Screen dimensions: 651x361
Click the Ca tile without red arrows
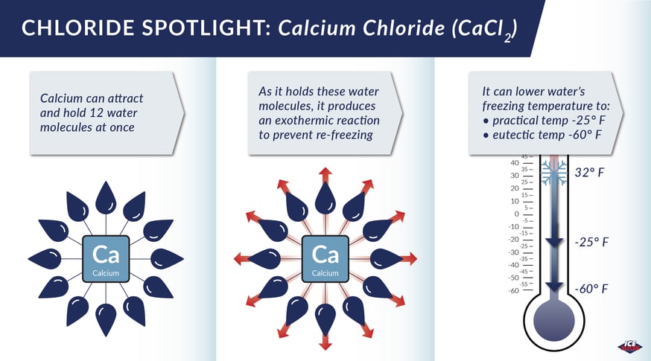106,259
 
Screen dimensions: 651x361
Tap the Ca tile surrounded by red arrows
325,259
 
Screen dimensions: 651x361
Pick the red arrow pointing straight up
325,176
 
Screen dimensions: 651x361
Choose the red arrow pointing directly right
408,259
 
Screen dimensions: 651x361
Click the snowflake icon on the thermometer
554,173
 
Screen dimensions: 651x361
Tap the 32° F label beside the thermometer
589,172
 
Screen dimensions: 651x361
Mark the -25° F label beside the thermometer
591,242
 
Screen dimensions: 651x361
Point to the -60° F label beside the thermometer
591,288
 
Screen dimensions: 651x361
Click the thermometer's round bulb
554,321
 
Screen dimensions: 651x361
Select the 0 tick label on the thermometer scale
516,214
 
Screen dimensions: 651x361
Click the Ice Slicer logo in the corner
630,345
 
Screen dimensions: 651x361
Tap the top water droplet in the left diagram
106,198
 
